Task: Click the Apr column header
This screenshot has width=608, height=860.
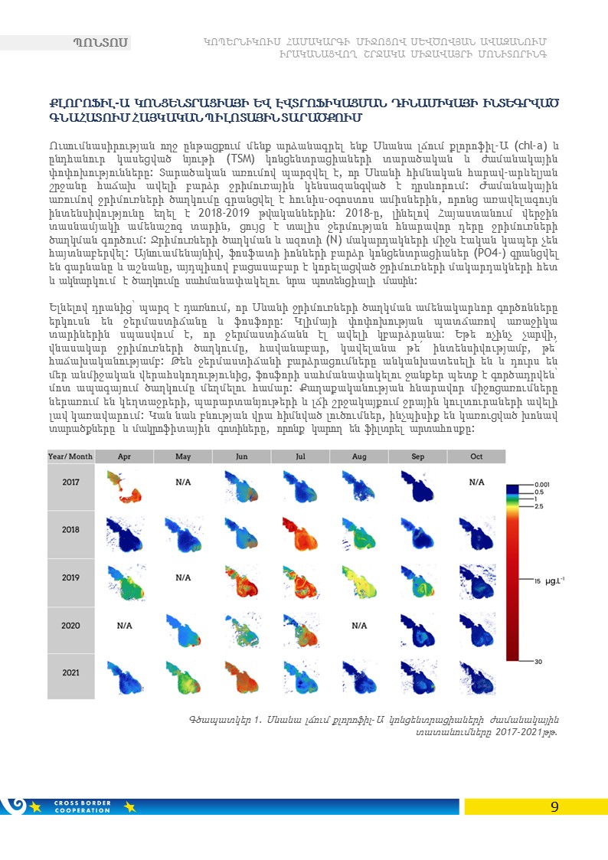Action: coord(124,456)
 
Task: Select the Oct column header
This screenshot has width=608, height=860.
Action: coord(476,456)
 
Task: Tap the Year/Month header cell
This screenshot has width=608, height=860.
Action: coord(70,456)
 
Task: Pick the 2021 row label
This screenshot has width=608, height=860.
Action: coord(70,672)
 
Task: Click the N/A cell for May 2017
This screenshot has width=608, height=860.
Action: coord(183,483)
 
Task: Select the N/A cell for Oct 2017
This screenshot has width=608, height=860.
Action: coord(476,482)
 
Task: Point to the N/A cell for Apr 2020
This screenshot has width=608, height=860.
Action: coord(124,626)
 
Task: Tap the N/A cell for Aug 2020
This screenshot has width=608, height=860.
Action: coord(359,626)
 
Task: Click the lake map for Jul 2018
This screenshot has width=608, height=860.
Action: coord(300,529)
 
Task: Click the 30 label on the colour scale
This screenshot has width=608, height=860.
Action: coord(539,661)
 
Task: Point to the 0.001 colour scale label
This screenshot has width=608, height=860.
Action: coord(541,485)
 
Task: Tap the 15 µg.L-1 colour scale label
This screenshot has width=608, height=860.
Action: coord(550,580)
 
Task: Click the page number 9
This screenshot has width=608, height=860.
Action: coord(554,806)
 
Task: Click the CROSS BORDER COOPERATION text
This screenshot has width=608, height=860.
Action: coord(83,806)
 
